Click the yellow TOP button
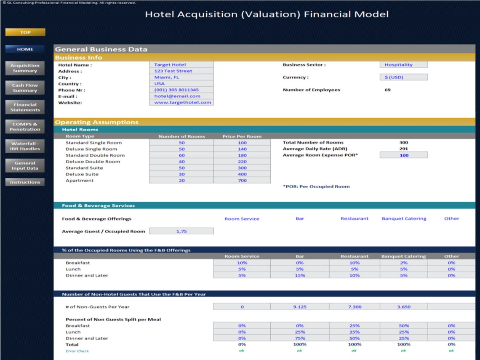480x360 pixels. click(x=25, y=32)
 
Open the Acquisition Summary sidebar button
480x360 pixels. click(x=25, y=68)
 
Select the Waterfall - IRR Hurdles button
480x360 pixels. click(x=25, y=146)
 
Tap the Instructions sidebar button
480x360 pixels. click(x=25, y=182)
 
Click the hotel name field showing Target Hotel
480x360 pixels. click(x=181, y=65)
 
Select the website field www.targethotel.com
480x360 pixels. click(x=181, y=102)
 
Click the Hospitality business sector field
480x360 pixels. click(x=403, y=65)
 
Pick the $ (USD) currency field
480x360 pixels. click(x=403, y=77)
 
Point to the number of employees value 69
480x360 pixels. click(x=387, y=90)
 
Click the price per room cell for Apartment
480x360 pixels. click(x=242, y=181)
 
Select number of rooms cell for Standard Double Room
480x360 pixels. click(x=181, y=155)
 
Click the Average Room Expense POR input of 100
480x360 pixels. click(x=404, y=155)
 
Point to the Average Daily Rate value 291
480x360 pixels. click(x=404, y=149)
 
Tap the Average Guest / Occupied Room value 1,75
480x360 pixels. click(x=181, y=231)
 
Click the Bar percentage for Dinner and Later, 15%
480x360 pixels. click(x=300, y=275)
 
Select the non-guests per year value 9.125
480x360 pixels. click(x=300, y=307)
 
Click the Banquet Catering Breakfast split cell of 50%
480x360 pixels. click(x=404, y=325)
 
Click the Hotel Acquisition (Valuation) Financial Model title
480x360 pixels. click(x=267, y=14)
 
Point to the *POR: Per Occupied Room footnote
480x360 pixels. click(x=316, y=187)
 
